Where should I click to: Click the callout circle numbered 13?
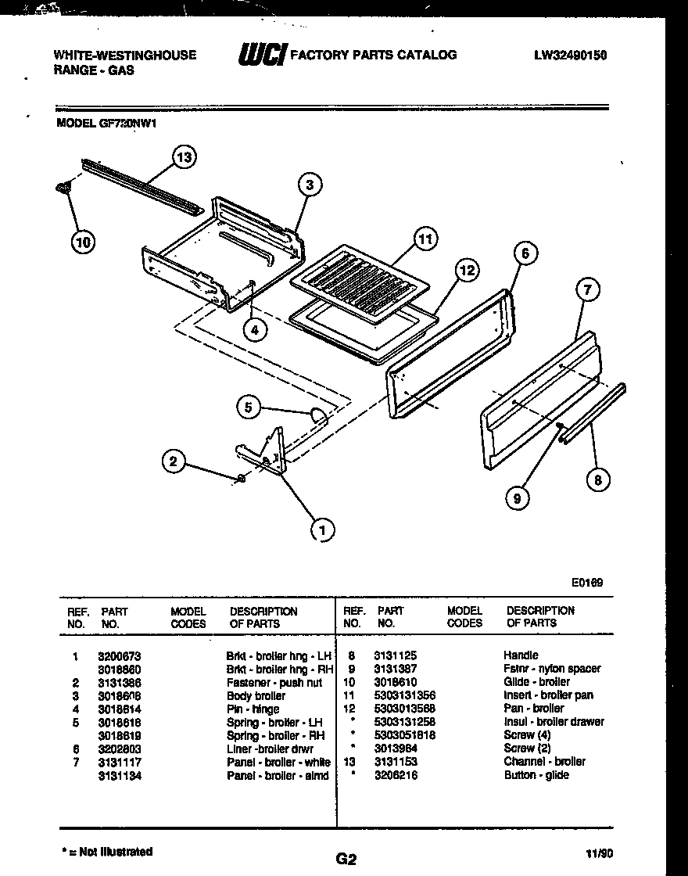[x=184, y=157]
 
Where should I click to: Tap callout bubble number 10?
[x=82, y=242]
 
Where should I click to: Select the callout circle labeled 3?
[x=310, y=185]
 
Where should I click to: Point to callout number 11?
[x=425, y=239]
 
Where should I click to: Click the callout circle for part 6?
[x=525, y=253]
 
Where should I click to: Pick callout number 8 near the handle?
[x=597, y=479]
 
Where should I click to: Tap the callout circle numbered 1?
[x=320, y=530]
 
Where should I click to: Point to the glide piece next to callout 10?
[x=63, y=187]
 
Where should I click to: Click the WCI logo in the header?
[x=261, y=56]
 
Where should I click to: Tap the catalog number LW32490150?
[x=571, y=56]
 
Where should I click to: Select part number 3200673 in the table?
[x=119, y=655]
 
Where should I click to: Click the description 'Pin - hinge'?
[x=253, y=709]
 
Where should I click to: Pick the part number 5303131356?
[x=406, y=695]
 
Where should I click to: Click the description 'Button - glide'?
[x=536, y=775]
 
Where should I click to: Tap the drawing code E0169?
[x=586, y=582]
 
